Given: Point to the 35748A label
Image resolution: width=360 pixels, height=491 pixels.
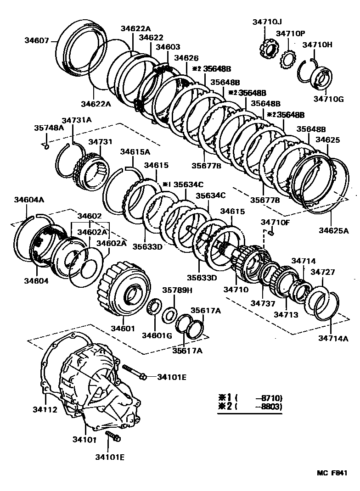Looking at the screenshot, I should [x=49, y=128].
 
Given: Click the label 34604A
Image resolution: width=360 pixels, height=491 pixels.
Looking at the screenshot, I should [x=29, y=200].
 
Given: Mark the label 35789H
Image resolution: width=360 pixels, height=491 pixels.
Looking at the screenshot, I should [x=177, y=290].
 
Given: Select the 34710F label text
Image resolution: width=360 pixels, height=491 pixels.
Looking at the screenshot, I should [x=276, y=223].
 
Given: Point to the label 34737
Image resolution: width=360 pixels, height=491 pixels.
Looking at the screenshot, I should [x=262, y=303].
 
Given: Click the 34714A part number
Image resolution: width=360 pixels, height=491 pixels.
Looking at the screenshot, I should [x=333, y=339].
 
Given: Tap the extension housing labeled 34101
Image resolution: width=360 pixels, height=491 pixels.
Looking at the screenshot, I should [x=96, y=381].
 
